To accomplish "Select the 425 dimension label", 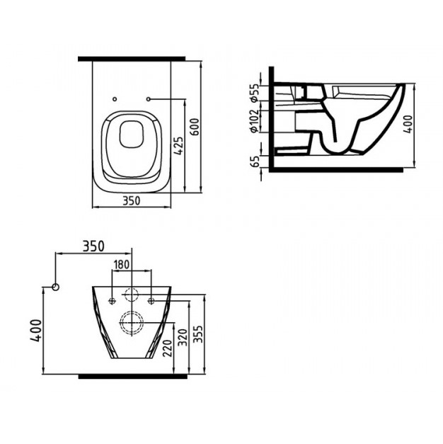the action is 178,146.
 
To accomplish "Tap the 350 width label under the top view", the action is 132,201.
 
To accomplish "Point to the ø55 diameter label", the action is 254,93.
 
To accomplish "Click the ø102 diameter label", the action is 254,121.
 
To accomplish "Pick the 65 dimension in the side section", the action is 255,161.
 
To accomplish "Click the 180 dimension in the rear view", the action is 122,264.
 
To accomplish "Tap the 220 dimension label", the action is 167,348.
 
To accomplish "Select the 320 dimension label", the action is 183,337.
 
